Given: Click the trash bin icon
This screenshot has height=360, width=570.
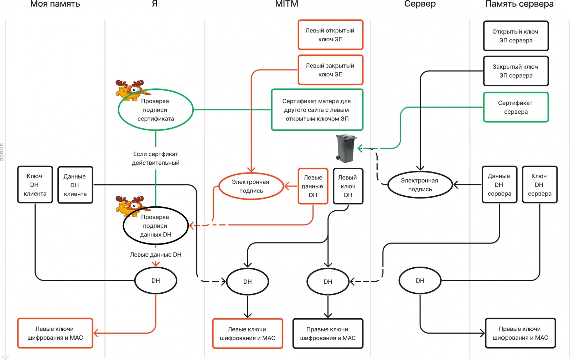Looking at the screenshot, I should pyautogui.click(x=346, y=148).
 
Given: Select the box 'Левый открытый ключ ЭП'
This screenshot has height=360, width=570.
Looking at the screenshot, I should pyautogui.click(x=330, y=35).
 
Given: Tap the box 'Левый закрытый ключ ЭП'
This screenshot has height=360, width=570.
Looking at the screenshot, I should pyautogui.click(x=330, y=70).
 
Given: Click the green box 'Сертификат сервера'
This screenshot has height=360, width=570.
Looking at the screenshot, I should pyautogui.click(x=515, y=107).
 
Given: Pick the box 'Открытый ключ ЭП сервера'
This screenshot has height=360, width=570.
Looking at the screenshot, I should pyautogui.click(x=515, y=36).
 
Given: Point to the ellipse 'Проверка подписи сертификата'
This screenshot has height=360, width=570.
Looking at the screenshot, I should pyautogui.click(x=156, y=110).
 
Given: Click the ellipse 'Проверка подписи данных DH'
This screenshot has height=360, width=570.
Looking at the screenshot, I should pyautogui.click(x=156, y=226).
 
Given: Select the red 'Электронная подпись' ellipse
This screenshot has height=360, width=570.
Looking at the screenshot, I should pyautogui.click(x=251, y=186).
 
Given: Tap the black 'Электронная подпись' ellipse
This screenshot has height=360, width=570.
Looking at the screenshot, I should pyautogui.click(x=420, y=185).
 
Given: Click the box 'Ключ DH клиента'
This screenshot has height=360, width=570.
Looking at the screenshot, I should pyautogui.click(x=35, y=185).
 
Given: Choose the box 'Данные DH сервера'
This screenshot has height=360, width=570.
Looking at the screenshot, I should pyautogui.click(x=499, y=185).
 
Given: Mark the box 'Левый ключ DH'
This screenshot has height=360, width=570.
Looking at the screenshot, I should pyautogui.click(x=348, y=186).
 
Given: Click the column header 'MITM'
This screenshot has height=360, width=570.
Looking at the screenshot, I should pyautogui.click(x=286, y=4).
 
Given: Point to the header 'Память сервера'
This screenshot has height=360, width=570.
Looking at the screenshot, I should pyautogui.click(x=519, y=4).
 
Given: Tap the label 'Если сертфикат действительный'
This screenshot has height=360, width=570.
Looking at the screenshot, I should pyautogui.click(x=156, y=158).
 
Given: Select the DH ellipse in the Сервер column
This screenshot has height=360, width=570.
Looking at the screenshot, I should pyautogui.click(x=420, y=281).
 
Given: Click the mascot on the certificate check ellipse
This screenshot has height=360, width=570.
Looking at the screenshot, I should pyautogui.click(x=130, y=89).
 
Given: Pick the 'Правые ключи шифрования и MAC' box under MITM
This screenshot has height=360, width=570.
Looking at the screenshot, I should pyautogui.click(x=328, y=334).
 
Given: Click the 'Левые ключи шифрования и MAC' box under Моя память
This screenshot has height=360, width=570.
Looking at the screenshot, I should pyautogui.click(x=55, y=333).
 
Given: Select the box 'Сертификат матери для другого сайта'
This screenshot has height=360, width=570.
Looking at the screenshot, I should pyautogui.click(x=317, y=110).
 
